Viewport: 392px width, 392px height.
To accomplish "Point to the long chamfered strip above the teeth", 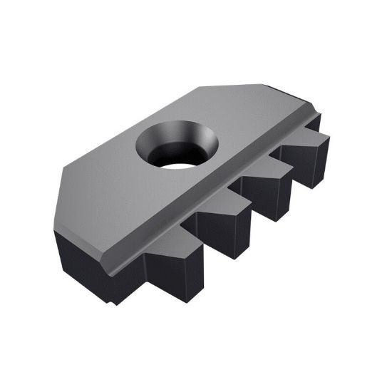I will [x=214, y=200].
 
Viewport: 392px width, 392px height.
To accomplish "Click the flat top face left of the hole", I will [x=107, y=185].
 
